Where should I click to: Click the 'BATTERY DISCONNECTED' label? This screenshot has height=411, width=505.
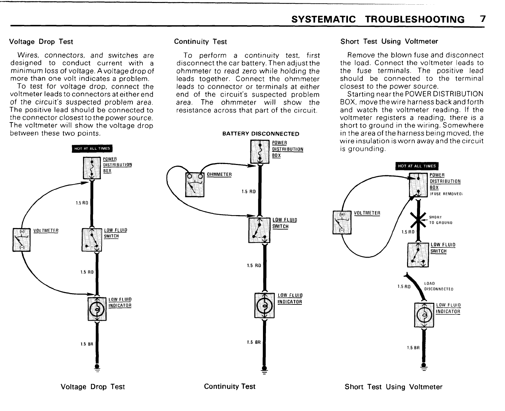(x=261, y=134)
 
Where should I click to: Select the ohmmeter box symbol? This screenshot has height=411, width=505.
(x=195, y=185)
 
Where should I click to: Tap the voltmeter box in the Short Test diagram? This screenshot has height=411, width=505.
(x=342, y=222)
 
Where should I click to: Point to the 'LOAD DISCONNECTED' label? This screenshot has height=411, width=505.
(x=439, y=286)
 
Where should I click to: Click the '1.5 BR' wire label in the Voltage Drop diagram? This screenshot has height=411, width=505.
(x=87, y=344)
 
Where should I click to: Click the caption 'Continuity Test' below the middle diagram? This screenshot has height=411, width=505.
(x=230, y=386)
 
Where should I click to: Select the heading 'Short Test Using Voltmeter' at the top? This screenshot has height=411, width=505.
(x=389, y=41)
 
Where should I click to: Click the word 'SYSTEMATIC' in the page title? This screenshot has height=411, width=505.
(x=323, y=19)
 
